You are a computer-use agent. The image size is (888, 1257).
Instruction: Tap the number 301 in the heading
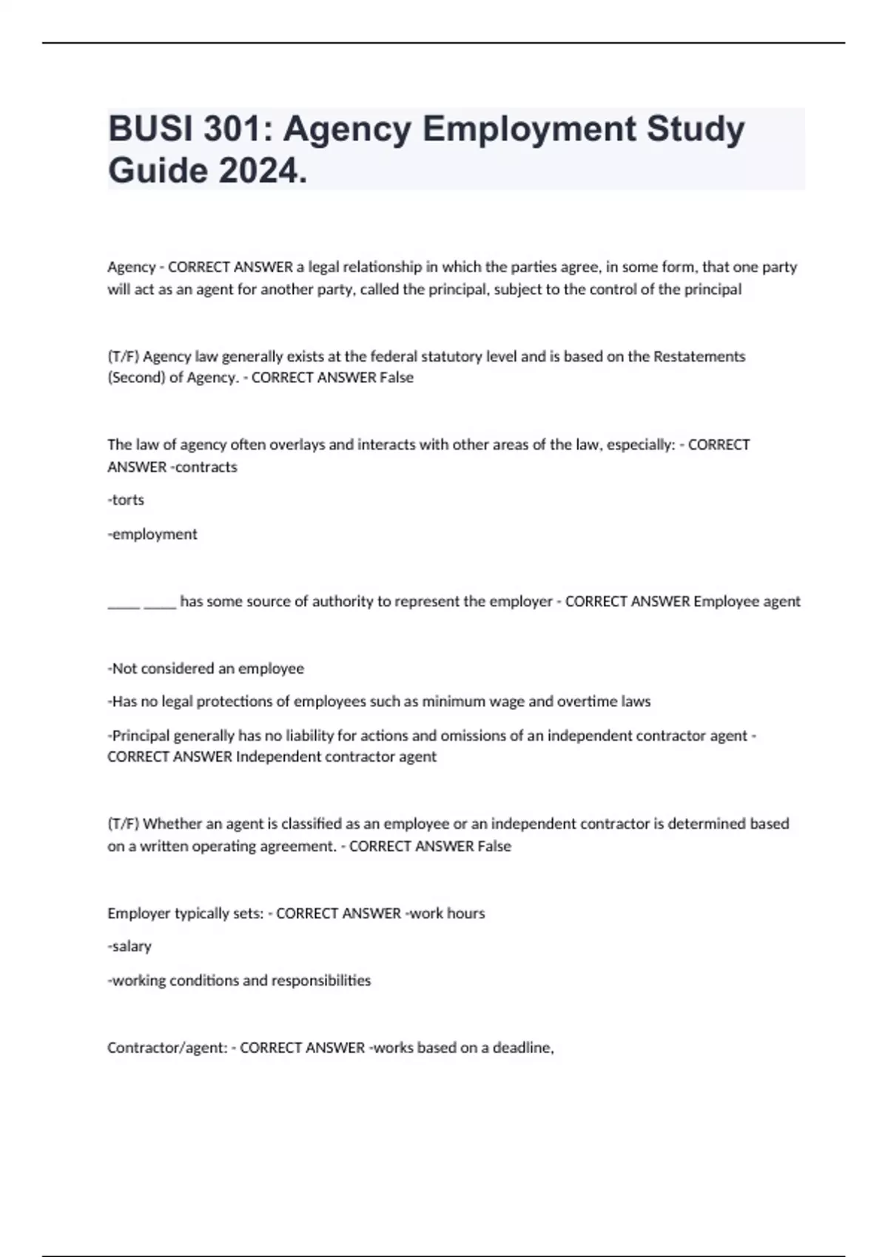click(x=232, y=129)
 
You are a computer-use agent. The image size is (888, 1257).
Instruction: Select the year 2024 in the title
click(x=262, y=171)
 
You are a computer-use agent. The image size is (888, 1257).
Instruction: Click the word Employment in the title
click(x=529, y=129)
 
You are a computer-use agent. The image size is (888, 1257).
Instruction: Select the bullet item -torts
click(x=126, y=500)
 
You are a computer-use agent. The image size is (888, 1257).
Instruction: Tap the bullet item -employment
click(x=152, y=534)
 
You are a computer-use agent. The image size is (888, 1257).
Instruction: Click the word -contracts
click(x=203, y=467)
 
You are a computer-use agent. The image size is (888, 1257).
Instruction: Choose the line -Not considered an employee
click(x=206, y=668)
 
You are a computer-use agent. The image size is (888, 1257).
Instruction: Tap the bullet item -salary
click(x=129, y=946)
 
